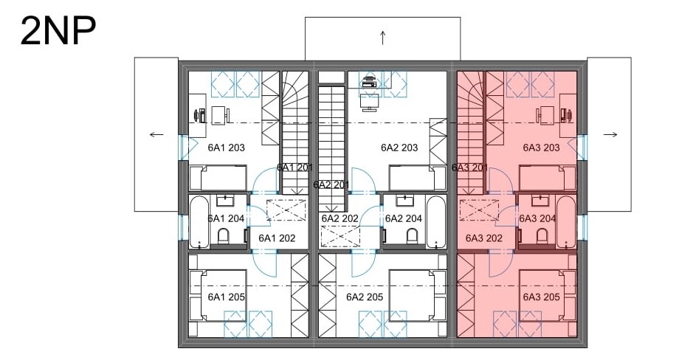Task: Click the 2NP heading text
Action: click(x=58, y=31)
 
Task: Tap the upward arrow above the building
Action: click(x=383, y=38)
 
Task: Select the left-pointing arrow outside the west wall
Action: click(x=156, y=134)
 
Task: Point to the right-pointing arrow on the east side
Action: click(x=610, y=134)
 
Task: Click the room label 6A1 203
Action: click(x=226, y=148)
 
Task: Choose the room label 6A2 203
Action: click(x=399, y=148)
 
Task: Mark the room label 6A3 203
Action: click(x=541, y=148)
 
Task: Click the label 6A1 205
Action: click(x=226, y=297)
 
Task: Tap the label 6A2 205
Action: click(x=365, y=297)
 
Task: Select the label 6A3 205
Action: click(x=541, y=297)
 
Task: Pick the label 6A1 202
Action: click(x=277, y=238)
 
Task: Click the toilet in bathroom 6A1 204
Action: click(x=224, y=236)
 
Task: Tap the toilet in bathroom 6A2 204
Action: click(x=412, y=236)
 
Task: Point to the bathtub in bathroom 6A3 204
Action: click(x=566, y=222)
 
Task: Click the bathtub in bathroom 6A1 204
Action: click(x=199, y=222)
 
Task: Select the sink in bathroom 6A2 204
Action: click(x=404, y=201)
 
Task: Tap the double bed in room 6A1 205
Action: click(x=218, y=296)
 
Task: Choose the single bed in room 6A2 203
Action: click(x=418, y=177)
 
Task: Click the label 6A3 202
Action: click(x=483, y=238)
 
